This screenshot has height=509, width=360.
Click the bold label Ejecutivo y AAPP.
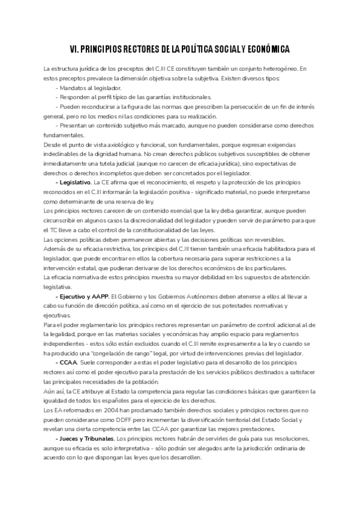tap(82, 297)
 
